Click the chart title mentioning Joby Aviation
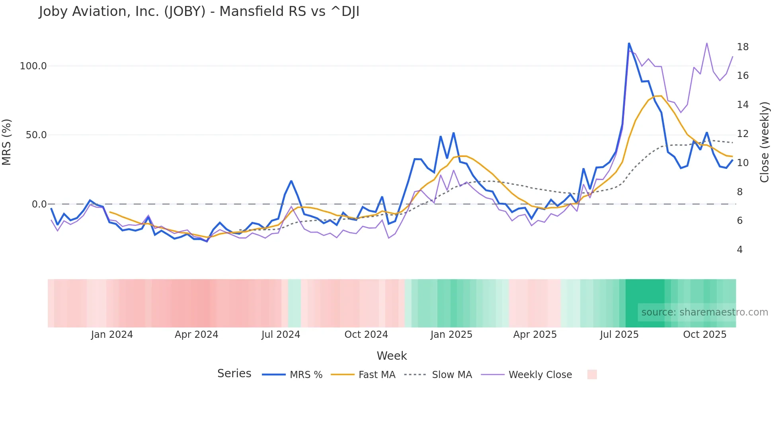[199, 12]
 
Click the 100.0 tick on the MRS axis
[33, 66]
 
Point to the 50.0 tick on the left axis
[36, 135]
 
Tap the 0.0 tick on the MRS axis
[39, 204]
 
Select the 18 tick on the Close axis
[743, 47]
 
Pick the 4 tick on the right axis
[740, 250]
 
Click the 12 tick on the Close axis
[743, 134]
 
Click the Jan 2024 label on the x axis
[112, 335]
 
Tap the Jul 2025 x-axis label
[619, 335]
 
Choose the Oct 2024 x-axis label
[366, 335]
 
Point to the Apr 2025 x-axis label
[535, 335]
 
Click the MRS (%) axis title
[7, 142]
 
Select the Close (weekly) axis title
[764, 142]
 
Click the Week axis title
[392, 356]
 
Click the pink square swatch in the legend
[592, 374]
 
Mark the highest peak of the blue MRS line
[629, 43]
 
